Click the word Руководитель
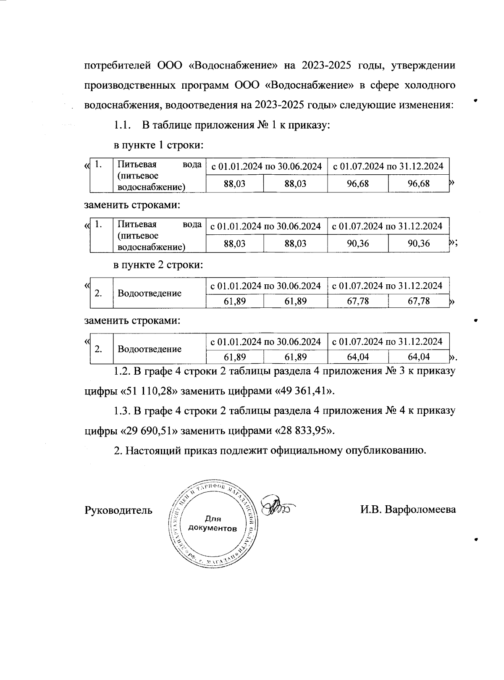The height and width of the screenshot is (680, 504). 118,510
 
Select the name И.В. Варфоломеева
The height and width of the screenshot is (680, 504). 407,510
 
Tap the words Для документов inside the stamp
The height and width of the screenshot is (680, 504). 213,523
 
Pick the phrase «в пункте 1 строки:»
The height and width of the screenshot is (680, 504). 159,145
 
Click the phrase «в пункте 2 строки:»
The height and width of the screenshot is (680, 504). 159,265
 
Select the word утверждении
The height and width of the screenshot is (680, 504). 423,66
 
